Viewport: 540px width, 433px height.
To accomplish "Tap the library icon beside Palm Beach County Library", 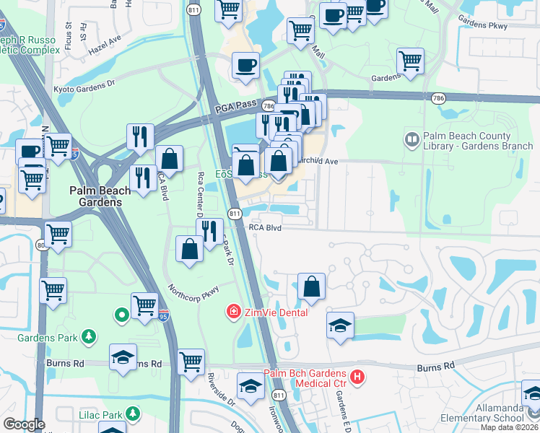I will (412, 137).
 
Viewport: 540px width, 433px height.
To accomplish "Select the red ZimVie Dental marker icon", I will (233, 312).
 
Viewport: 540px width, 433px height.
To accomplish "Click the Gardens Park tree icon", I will (89, 336).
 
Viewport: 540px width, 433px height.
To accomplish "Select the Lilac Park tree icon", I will (132, 413).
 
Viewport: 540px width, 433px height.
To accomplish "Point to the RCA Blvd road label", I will (264, 227).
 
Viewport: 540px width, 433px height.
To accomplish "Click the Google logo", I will (24, 424).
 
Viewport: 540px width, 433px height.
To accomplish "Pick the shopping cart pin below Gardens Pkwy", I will (410, 61).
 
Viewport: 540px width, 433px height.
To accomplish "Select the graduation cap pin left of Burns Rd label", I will (123, 357).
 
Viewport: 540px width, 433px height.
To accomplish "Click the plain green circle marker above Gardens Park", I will (122, 314).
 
